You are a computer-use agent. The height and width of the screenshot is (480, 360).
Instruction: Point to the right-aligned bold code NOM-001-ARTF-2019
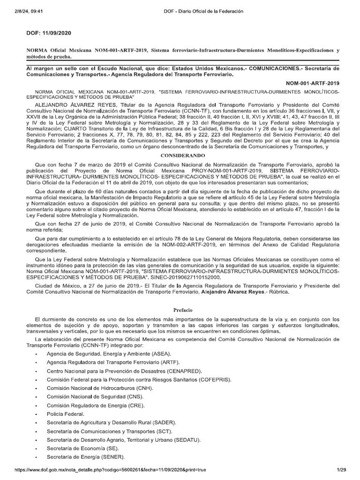tap(313, 82)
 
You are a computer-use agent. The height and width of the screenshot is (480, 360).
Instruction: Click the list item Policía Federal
tap(65, 414)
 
